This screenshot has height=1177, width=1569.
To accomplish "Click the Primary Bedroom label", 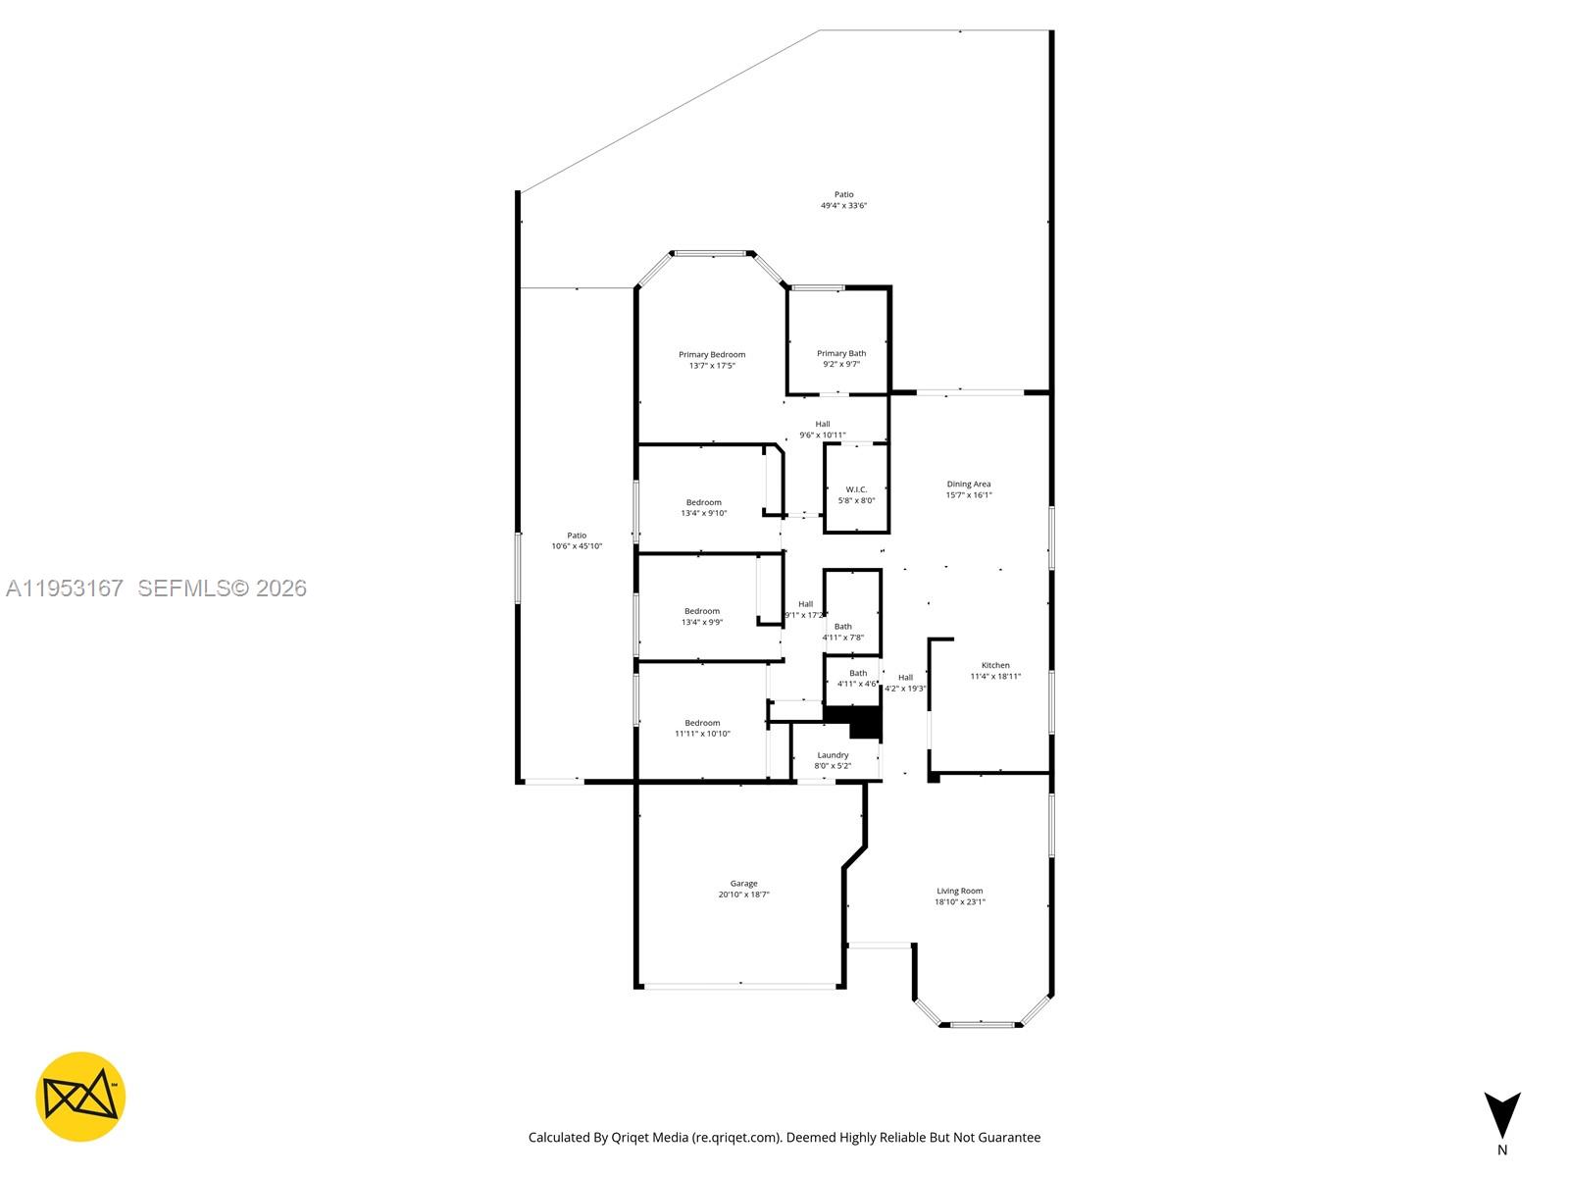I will tap(712, 354).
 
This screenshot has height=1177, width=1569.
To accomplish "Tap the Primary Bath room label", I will tap(841, 353).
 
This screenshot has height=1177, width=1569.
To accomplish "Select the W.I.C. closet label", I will tap(856, 488).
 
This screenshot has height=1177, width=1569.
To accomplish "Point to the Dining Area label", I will tap(968, 484).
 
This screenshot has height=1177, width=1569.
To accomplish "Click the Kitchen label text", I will tap(995, 665).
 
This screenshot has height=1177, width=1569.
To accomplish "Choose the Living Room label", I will tap(959, 891).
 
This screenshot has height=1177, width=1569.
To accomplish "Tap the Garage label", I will tap(743, 883).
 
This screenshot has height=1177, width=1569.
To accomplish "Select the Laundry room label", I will tap(833, 754).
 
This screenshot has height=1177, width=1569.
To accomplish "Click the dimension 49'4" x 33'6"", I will tap(843, 206).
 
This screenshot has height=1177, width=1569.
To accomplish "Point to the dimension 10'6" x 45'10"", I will tap(577, 546).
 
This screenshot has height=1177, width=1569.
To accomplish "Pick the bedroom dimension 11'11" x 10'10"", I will tap(702, 734).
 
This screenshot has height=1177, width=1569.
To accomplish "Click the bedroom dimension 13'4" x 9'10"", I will tap(704, 513).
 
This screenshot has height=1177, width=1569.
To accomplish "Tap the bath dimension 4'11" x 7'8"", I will tap(843, 638).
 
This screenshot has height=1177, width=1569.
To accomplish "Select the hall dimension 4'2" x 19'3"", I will tap(905, 689).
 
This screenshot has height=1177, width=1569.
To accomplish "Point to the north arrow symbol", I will tap(1501, 1115).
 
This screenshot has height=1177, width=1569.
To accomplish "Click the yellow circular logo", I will tap(80, 1097).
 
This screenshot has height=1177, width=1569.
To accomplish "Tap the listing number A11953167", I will tap(65, 588).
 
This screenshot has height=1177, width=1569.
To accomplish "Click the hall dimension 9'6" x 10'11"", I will tap(822, 435).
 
